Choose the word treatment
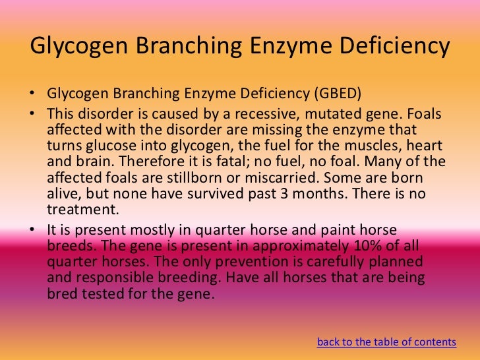(x=81, y=210)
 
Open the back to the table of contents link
(x=386, y=342)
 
